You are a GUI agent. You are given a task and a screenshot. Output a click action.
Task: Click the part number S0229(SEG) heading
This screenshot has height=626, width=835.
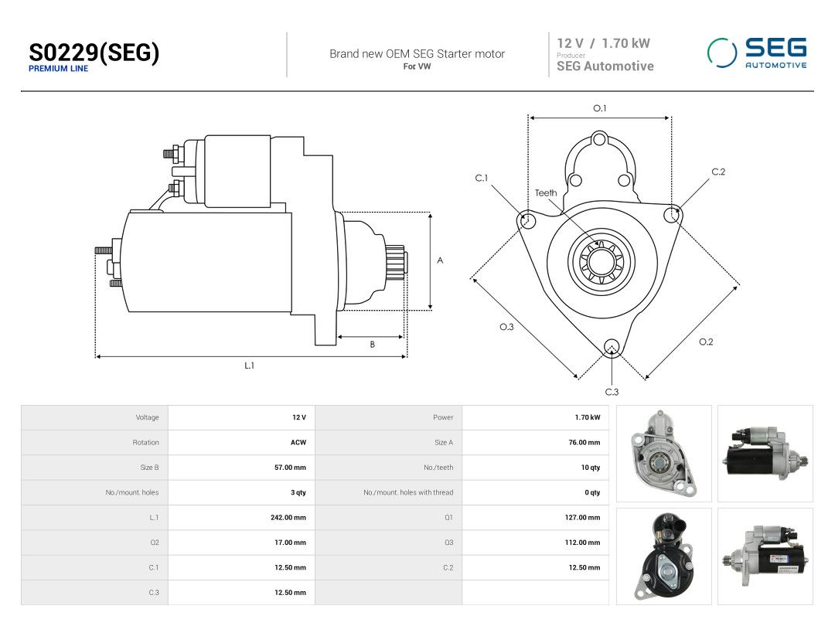pos(94,53)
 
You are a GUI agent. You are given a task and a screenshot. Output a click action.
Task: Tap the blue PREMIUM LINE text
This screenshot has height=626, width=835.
pos(58,69)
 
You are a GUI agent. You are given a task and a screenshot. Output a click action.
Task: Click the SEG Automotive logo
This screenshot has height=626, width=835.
pos(757,53)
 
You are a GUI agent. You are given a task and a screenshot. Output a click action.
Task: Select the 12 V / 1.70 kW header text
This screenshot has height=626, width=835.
pos(603,43)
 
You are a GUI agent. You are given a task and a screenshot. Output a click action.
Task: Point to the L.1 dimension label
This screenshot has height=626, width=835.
pos(249,366)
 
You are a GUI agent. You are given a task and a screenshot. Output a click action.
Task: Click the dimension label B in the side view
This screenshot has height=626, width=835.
pos(372,345)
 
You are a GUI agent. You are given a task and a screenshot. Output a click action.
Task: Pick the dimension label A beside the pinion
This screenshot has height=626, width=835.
pos(440,260)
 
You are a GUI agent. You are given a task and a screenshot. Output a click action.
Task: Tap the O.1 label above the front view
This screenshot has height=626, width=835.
pos(600,108)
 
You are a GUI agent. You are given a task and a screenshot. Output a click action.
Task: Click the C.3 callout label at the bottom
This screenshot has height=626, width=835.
pos(612,392)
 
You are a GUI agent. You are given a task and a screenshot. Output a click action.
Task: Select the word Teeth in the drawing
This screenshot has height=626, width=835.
pos(546,192)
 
